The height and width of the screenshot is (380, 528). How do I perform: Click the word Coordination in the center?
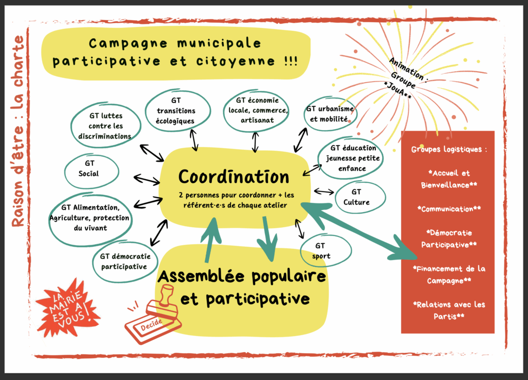234,177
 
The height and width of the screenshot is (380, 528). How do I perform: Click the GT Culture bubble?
359,197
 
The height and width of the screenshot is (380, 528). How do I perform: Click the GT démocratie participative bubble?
126,262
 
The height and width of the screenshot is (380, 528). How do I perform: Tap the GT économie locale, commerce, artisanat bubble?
256,110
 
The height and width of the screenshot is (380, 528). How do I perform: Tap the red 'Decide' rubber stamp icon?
152,317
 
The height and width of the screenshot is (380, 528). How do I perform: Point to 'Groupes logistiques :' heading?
448,150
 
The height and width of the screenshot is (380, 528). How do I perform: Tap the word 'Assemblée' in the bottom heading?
196,277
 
